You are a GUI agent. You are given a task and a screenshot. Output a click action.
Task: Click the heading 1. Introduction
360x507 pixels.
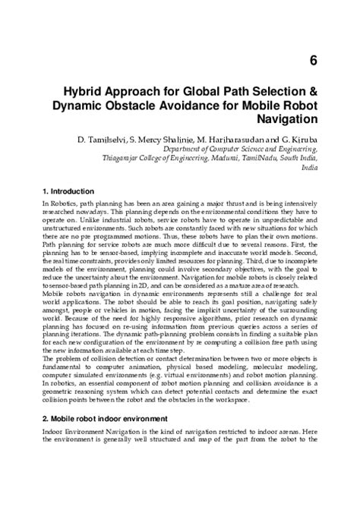(70, 191)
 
